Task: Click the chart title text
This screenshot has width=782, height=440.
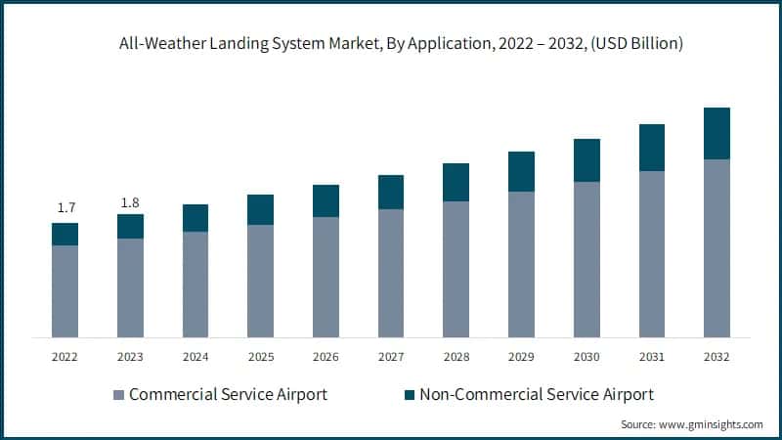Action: pyautogui.click(x=391, y=43)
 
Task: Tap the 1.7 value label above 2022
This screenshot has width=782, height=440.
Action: pyautogui.click(x=65, y=207)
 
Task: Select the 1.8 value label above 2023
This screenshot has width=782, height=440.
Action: pyautogui.click(x=130, y=202)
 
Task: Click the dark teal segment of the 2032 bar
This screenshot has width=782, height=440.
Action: pyautogui.click(x=717, y=133)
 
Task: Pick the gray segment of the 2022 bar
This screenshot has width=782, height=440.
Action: pyautogui.click(x=65, y=291)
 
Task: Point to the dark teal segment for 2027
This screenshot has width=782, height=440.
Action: pyautogui.click(x=391, y=192)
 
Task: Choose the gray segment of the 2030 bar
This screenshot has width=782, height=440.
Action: pyautogui.click(x=586, y=259)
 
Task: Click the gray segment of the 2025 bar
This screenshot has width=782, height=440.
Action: pyautogui.click(x=261, y=281)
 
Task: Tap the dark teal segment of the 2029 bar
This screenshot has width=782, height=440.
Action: pyautogui.click(x=521, y=171)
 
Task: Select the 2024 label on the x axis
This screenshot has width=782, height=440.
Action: pyautogui.click(x=195, y=358)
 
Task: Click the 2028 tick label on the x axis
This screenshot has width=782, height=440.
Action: pyautogui.click(x=456, y=358)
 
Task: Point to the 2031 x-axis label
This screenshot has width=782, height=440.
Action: pyautogui.click(x=652, y=358)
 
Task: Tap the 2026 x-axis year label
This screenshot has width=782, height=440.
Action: pyautogui.click(x=326, y=358)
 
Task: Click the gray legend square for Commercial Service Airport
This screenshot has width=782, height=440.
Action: pyautogui.click(x=119, y=395)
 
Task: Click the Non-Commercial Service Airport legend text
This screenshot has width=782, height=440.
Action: pyautogui.click(x=537, y=395)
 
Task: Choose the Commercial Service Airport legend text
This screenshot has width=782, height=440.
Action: pyautogui.click(x=228, y=395)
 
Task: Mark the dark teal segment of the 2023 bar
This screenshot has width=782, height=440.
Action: pyautogui.click(x=130, y=226)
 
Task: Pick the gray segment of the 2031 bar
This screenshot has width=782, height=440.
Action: pyautogui.click(x=652, y=254)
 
